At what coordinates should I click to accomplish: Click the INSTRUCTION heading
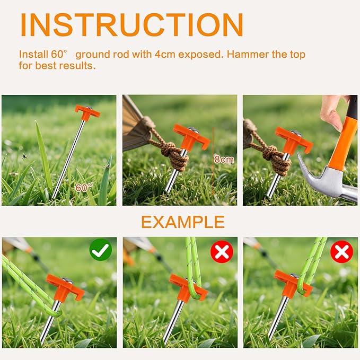(132, 25)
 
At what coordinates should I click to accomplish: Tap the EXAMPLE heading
(183, 222)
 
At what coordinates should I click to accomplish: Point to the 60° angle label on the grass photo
(84, 188)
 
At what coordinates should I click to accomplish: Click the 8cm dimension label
(224, 159)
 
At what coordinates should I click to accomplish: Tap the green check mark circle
(101, 250)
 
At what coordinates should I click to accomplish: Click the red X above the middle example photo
(222, 252)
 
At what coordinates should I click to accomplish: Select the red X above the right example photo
(341, 252)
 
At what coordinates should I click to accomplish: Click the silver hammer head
(326, 181)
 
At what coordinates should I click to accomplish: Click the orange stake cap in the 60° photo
(87, 112)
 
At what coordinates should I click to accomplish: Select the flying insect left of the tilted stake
(24, 157)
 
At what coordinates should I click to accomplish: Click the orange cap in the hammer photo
(294, 140)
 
